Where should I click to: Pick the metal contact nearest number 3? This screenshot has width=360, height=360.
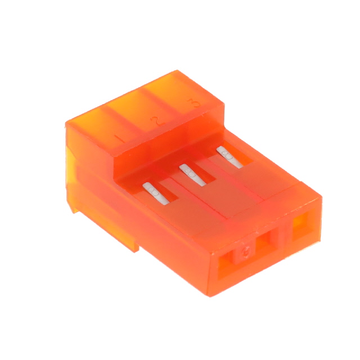pos(229,156)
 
